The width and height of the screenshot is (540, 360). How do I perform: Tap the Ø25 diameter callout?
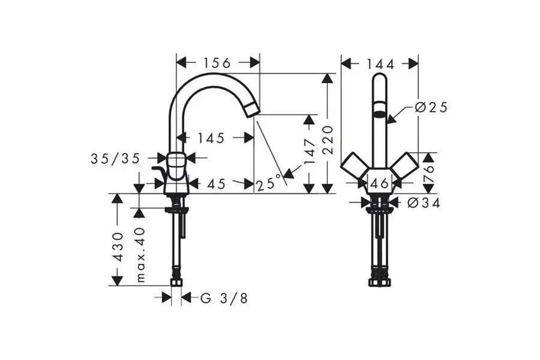coord(431,107)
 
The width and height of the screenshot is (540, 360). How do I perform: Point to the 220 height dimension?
coord(328,140)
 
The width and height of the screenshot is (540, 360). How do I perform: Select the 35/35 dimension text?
coord(115,158)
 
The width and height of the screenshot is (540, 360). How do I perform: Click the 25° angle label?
coord(269,182)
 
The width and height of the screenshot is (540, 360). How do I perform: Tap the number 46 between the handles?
coord(380,184)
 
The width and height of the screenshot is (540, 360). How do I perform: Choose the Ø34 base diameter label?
coord(424,203)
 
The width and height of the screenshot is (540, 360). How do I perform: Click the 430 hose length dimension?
coord(118,246)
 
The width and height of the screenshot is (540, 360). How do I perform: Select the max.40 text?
coord(140,254)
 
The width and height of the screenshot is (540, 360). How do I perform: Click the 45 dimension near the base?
coord(216,184)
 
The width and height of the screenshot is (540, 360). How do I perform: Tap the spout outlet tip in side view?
coord(253,109)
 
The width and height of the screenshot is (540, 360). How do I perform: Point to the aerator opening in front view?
coord(379,112)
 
